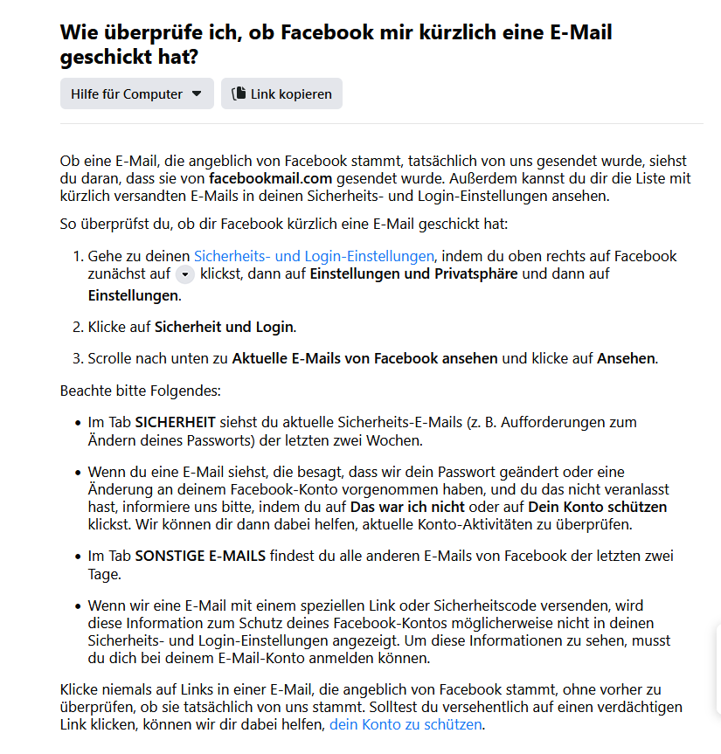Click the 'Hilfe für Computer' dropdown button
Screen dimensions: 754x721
136,93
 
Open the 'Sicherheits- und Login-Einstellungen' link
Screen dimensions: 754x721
314,256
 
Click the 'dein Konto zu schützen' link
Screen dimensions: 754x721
406,724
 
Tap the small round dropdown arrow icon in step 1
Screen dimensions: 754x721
185,274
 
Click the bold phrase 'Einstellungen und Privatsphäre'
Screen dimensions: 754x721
413,273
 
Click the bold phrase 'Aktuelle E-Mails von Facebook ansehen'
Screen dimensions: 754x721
364,358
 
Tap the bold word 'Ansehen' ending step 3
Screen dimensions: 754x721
626,358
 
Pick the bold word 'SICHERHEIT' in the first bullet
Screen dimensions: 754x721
175,422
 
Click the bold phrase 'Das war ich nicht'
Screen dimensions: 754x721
407,507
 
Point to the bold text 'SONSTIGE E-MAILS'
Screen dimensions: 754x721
200,556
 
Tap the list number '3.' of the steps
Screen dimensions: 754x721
79,358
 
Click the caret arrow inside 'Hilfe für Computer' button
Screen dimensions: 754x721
197,93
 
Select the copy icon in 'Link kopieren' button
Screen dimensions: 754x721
239,93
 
